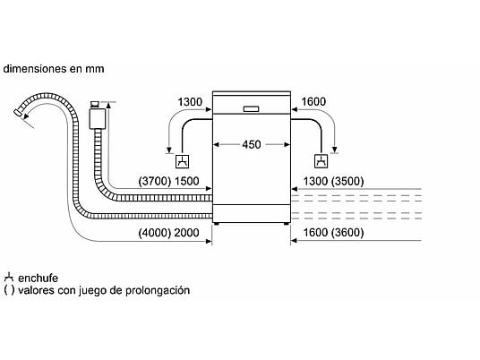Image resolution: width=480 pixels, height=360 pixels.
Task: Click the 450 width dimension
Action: [252, 144]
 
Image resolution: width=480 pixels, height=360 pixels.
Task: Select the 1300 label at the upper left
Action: [190, 101]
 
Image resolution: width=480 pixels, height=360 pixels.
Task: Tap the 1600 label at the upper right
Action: [313, 101]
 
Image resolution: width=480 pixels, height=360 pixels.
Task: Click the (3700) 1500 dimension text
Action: [168, 181]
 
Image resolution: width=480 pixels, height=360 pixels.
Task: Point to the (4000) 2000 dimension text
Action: [168, 233]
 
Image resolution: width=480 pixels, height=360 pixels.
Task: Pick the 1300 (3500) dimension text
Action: [333, 181]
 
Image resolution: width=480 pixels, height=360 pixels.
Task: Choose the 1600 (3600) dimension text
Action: [333, 233]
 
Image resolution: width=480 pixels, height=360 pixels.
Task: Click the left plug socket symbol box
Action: [182, 161]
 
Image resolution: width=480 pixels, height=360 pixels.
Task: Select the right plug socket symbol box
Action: [321, 161]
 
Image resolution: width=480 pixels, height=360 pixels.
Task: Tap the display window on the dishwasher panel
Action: [251, 109]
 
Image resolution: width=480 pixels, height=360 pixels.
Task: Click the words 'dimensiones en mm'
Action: [54, 69]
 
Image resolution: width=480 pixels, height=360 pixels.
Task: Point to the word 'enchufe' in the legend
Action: [38, 278]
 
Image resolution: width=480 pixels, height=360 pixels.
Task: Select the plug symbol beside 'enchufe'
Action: [9, 278]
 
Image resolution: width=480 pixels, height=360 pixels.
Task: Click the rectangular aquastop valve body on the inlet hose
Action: [98, 119]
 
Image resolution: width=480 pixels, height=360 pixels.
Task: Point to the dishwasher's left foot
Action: [217, 224]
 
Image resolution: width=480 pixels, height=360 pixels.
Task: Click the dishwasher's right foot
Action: [286, 224]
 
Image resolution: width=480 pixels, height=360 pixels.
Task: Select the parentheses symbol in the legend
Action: [9, 290]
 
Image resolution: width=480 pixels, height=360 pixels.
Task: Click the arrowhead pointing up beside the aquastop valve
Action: [108, 106]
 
